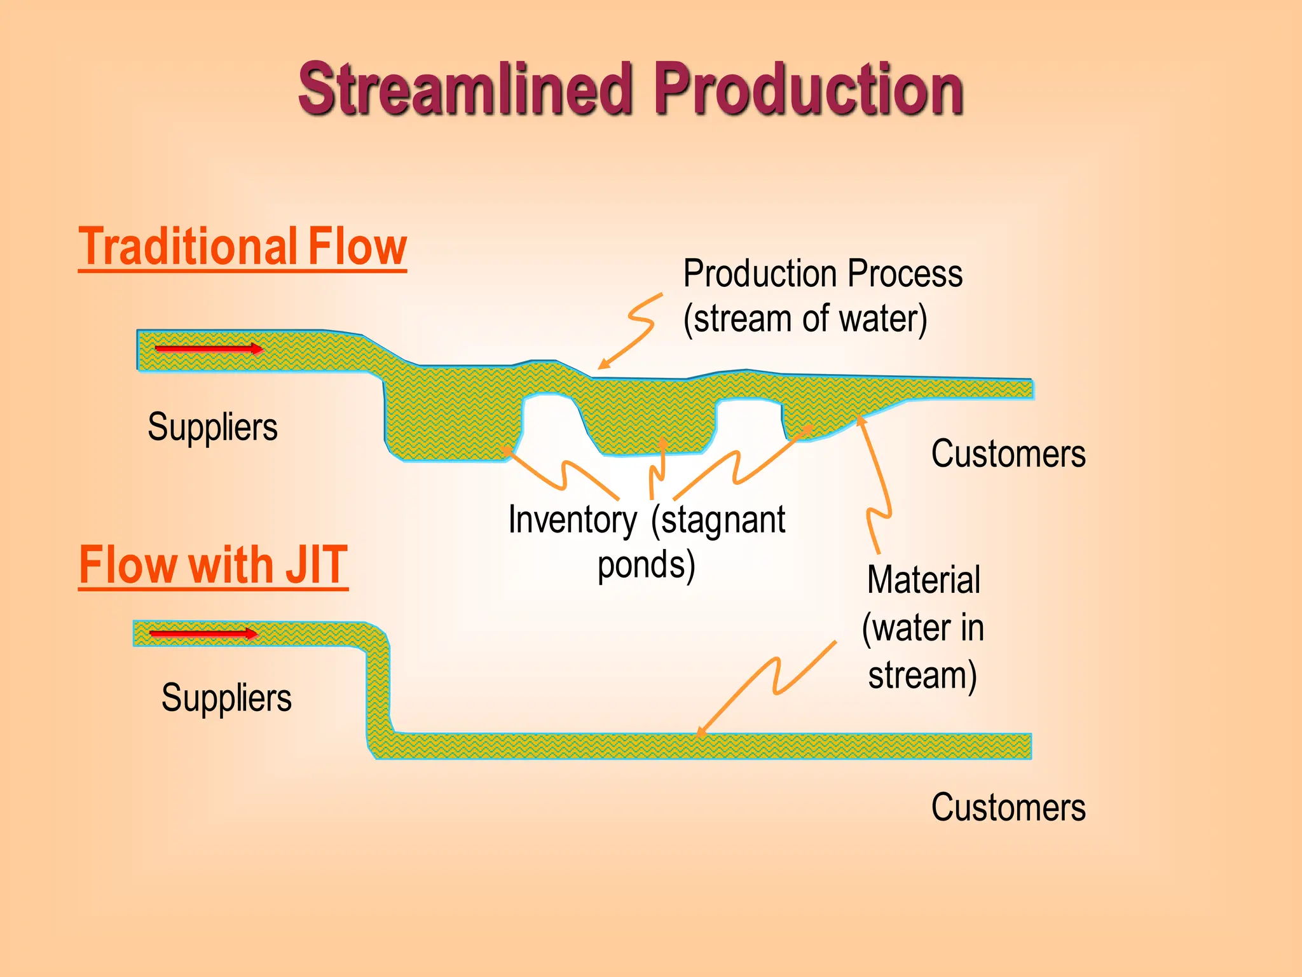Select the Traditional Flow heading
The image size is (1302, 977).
(x=242, y=247)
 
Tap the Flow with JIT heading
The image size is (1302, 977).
(x=213, y=565)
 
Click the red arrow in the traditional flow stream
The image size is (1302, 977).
(x=209, y=349)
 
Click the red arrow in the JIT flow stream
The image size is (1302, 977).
(x=203, y=634)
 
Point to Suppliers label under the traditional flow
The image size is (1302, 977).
(x=212, y=427)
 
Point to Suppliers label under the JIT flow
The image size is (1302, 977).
(x=226, y=698)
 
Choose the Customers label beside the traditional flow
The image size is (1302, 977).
(x=1008, y=454)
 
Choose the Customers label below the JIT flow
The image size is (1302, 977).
(x=1008, y=808)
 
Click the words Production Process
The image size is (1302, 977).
(x=823, y=274)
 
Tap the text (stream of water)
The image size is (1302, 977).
(x=805, y=319)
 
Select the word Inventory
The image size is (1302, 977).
(x=572, y=520)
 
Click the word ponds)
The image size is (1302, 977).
(x=646, y=565)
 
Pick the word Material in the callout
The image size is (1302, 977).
(x=923, y=580)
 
